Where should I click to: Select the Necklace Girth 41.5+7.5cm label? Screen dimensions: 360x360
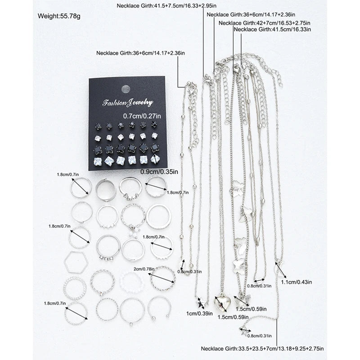pos(155,6)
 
